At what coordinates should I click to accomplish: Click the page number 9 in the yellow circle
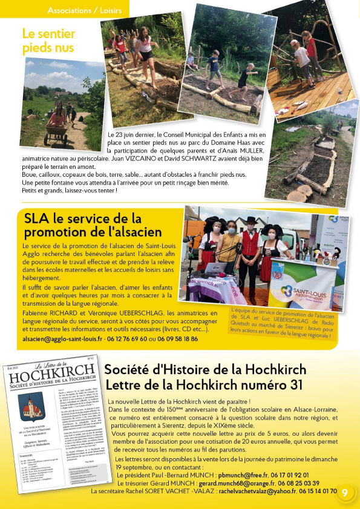tap(344, 491)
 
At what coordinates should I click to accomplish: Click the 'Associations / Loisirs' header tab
tap(84, 10)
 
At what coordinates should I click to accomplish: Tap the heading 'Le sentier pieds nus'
tap(48, 41)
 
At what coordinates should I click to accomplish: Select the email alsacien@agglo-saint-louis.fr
tap(63, 339)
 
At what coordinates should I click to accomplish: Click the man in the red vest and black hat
tap(249, 248)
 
